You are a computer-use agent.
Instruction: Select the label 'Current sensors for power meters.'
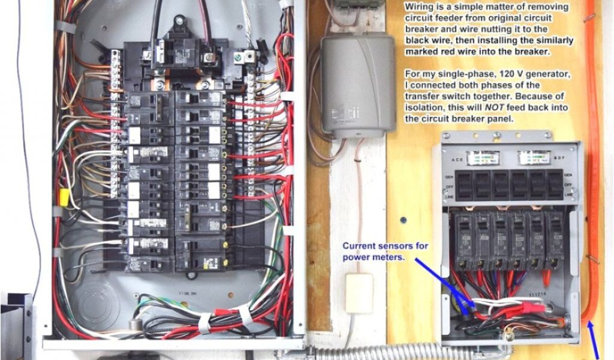click(383, 251)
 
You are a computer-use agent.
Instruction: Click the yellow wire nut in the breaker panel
click(62, 196)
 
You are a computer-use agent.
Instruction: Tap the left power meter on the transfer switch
click(483, 158)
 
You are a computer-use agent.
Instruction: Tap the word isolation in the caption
click(426, 108)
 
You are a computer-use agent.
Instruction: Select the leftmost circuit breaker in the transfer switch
click(463, 240)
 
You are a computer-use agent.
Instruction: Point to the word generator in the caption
click(546, 74)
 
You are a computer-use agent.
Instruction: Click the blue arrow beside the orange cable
click(595, 342)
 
